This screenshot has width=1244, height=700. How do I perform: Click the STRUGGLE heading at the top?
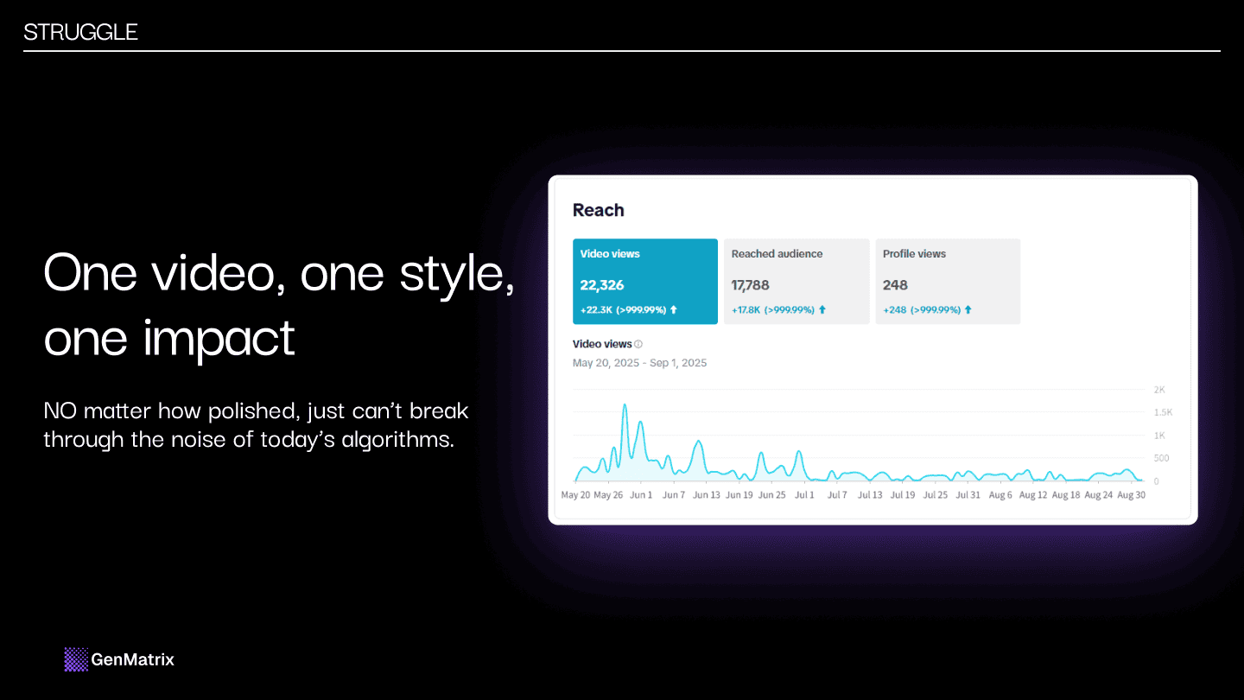[80, 33]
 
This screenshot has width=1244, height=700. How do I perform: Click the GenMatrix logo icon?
[76, 659]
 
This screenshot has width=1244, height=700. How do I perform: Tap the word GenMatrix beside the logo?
[132, 659]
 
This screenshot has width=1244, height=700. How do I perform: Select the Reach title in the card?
[598, 210]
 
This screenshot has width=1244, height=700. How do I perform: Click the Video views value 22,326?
[602, 285]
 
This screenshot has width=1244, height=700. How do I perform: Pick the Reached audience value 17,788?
[750, 285]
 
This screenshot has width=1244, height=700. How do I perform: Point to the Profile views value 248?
[895, 285]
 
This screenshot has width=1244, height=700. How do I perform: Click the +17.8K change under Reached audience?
[746, 309]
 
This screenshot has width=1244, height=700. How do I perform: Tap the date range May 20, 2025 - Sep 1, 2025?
[639, 363]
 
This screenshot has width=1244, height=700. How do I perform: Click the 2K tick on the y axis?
[1159, 390]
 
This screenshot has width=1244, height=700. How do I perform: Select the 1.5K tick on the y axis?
[1162, 413]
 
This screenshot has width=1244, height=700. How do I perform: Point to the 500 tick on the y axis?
[1161, 458]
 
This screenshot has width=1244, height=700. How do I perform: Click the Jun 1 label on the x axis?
[641, 495]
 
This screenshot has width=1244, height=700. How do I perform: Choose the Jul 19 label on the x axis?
[903, 495]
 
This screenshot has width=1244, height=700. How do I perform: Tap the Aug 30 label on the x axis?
[1131, 495]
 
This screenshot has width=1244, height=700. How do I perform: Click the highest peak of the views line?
[625, 404]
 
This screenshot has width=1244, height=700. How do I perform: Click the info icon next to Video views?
[638, 344]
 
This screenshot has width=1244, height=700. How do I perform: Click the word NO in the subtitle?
[60, 410]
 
